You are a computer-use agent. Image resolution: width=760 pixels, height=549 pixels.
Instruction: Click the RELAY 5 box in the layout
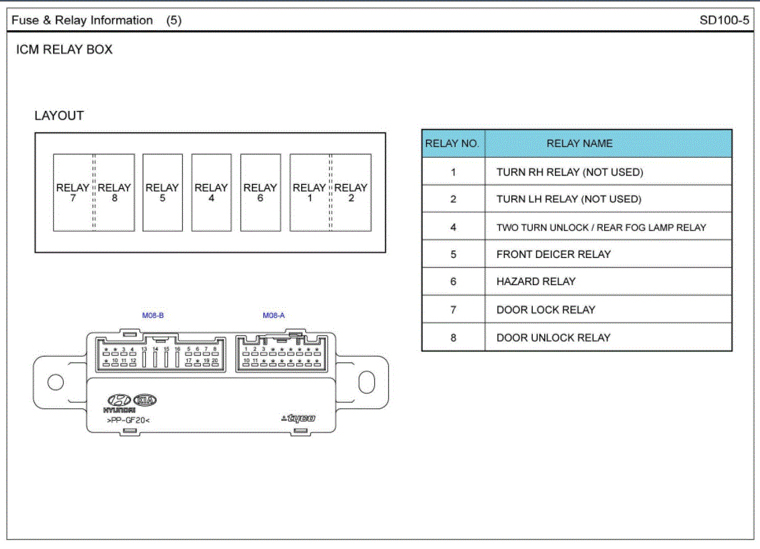[x=163, y=193]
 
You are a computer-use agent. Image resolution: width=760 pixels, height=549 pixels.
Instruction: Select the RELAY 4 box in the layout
[x=211, y=193]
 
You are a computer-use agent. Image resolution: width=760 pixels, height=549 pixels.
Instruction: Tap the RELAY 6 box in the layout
[x=260, y=193]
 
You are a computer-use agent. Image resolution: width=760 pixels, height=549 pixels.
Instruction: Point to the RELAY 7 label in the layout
[x=73, y=193]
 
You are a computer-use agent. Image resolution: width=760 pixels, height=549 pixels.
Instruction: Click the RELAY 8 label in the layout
[x=114, y=193]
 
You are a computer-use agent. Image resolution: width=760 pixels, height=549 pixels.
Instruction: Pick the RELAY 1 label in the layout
[x=309, y=193]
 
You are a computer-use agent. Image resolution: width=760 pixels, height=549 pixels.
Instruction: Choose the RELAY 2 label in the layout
[x=351, y=193]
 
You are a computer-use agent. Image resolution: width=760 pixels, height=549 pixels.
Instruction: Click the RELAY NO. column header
[x=452, y=144]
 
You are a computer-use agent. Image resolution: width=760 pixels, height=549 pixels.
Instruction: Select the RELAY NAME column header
[x=579, y=144]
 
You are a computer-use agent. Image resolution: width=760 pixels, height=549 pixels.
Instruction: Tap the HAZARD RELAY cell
[x=536, y=282]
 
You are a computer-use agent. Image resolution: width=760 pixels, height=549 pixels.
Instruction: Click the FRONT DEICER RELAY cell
[x=553, y=254]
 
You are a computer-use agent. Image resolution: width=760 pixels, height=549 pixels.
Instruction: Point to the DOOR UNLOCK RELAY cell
[x=553, y=337]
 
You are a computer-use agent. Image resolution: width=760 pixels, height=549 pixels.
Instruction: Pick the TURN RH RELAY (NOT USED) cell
[x=569, y=172]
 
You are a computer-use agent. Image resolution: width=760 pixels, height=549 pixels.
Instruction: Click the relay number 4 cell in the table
[x=453, y=227]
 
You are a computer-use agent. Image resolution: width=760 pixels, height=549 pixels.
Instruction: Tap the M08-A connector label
[x=273, y=315]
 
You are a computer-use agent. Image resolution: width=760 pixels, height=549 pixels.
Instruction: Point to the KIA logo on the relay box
[x=146, y=400]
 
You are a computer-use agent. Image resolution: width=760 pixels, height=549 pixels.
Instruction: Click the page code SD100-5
[x=724, y=20]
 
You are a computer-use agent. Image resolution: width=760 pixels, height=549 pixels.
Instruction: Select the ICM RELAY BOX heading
[x=65, y=50]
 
